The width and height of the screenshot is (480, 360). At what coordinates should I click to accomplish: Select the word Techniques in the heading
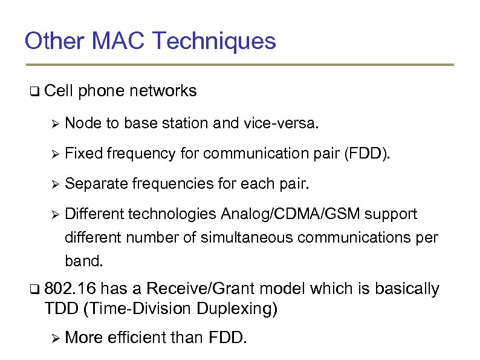[215, 42]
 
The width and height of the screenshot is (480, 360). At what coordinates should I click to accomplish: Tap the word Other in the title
[55, 42]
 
